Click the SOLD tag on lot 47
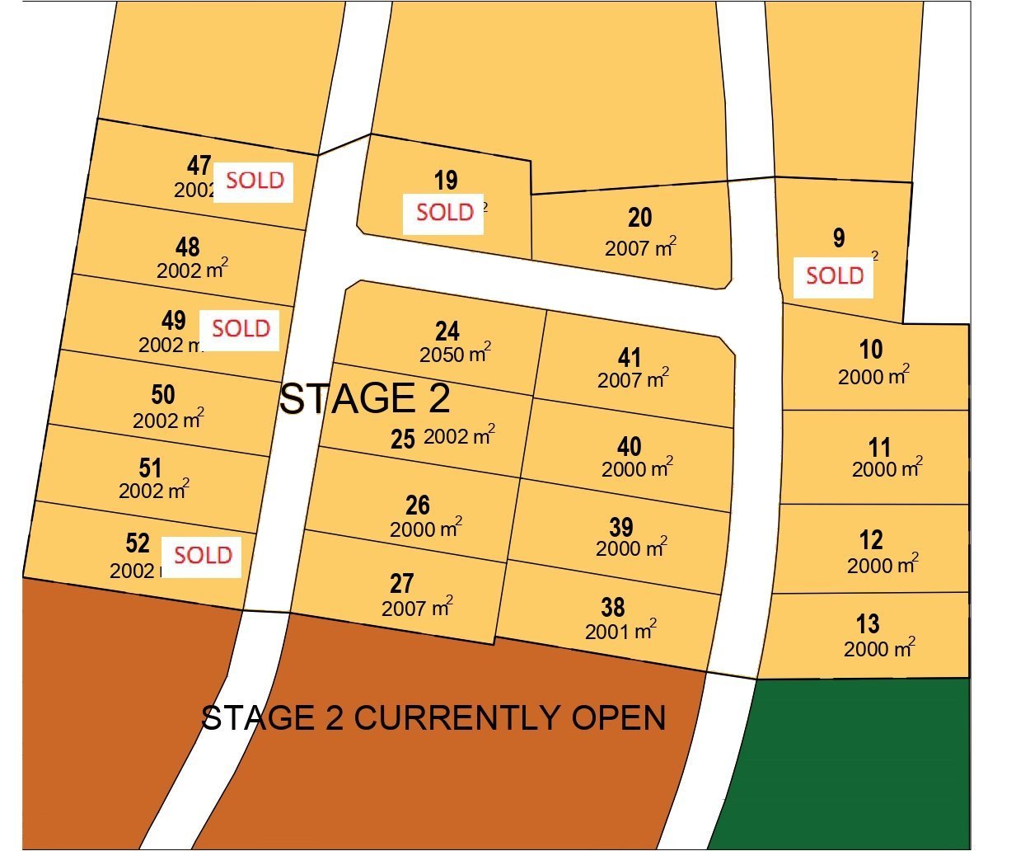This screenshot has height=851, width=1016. pos(254,181)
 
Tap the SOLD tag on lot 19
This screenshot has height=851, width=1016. pos(443,213)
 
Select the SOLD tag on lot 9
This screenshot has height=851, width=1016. pos(833,276)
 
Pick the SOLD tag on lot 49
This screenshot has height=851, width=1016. pos(240,329)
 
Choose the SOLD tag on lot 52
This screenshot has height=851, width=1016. pos(202,556)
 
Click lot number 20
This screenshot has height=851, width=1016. pos(639,218)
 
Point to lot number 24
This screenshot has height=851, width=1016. pos(447,331)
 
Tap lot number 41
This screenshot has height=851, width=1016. pos(630,358)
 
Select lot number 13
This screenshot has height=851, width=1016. pos(868,624)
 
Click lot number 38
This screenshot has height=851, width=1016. pos(612,608)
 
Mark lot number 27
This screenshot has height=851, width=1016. pos(401,584)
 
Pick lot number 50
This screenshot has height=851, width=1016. pos(163,395)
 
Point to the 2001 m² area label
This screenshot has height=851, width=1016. pos(620,632)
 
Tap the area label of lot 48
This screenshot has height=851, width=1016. pos(192,270)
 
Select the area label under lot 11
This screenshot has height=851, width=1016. pos(887,469)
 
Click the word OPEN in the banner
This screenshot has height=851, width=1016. pos(619,717)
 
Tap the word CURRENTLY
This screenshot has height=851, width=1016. pos(456,717)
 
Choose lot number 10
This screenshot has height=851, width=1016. pos(871,350)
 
